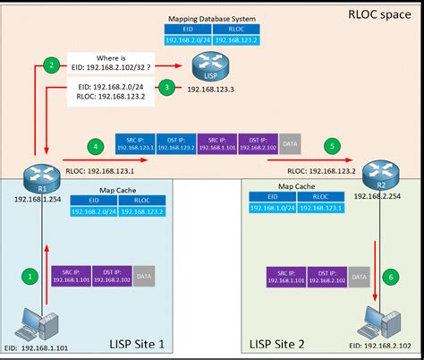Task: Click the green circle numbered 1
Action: (x=30, y=277)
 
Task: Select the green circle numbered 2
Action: (x=53, y=65)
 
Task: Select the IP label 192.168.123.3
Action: (x=209, y=90)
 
